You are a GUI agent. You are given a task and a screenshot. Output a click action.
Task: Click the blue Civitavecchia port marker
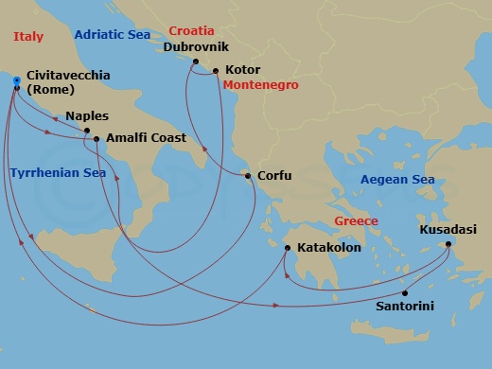pos(17,80)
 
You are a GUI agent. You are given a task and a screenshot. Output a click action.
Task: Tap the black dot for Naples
pos(87,131)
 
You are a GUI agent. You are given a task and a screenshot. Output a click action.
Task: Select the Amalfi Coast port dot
pos(97,139)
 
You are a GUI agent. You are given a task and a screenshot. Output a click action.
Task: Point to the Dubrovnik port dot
pos(195,61)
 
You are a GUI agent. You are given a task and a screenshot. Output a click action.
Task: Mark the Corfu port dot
pos(248,176)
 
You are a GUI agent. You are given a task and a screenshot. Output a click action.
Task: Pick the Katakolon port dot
pos(288,248)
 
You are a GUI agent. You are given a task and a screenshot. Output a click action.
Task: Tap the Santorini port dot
pos(404,292)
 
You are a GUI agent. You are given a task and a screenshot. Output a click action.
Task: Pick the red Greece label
pos(356,221)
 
